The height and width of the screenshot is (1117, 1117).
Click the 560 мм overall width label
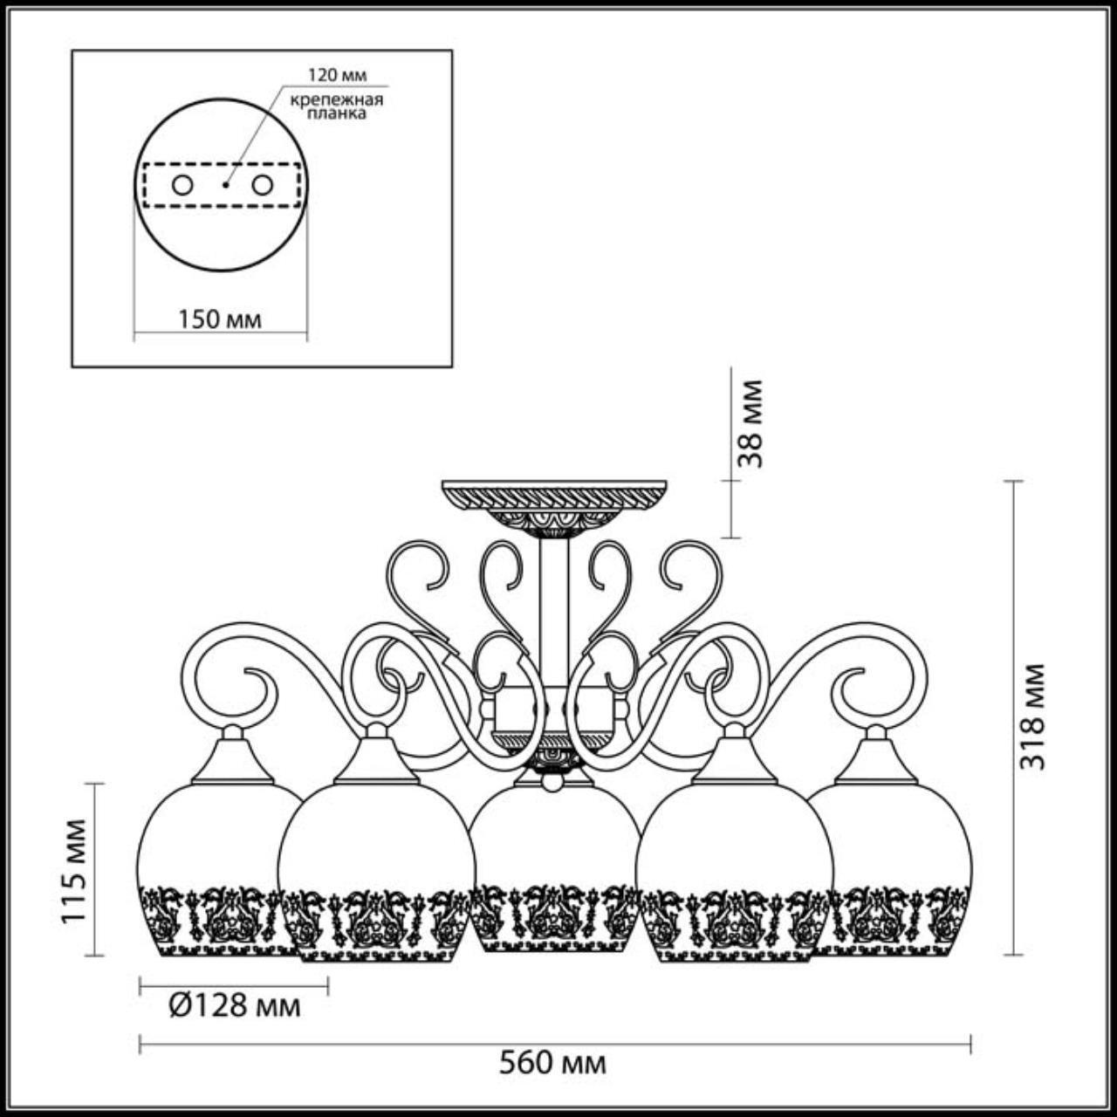point(552,1064)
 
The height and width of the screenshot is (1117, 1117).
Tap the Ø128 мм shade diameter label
point(234,1006)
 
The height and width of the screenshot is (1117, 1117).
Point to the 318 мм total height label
point(1034,716)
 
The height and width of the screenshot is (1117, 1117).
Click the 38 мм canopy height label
point(749,423)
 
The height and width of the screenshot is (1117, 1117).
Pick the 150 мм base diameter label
point(220,319)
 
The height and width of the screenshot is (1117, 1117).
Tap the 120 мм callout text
point(336,76)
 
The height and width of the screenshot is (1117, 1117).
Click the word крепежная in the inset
point(337,99)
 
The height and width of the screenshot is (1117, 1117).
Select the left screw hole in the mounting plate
point(182,185)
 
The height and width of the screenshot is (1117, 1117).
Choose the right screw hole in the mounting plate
point(262,185)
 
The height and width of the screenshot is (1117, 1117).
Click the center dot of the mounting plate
point(224,185)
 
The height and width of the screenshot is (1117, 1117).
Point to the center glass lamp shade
point(555,864)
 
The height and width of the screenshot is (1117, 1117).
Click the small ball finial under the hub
point(552,782)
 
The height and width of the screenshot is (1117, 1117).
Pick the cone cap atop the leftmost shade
point(233,759)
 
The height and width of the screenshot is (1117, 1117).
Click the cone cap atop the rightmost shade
point(875,759)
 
